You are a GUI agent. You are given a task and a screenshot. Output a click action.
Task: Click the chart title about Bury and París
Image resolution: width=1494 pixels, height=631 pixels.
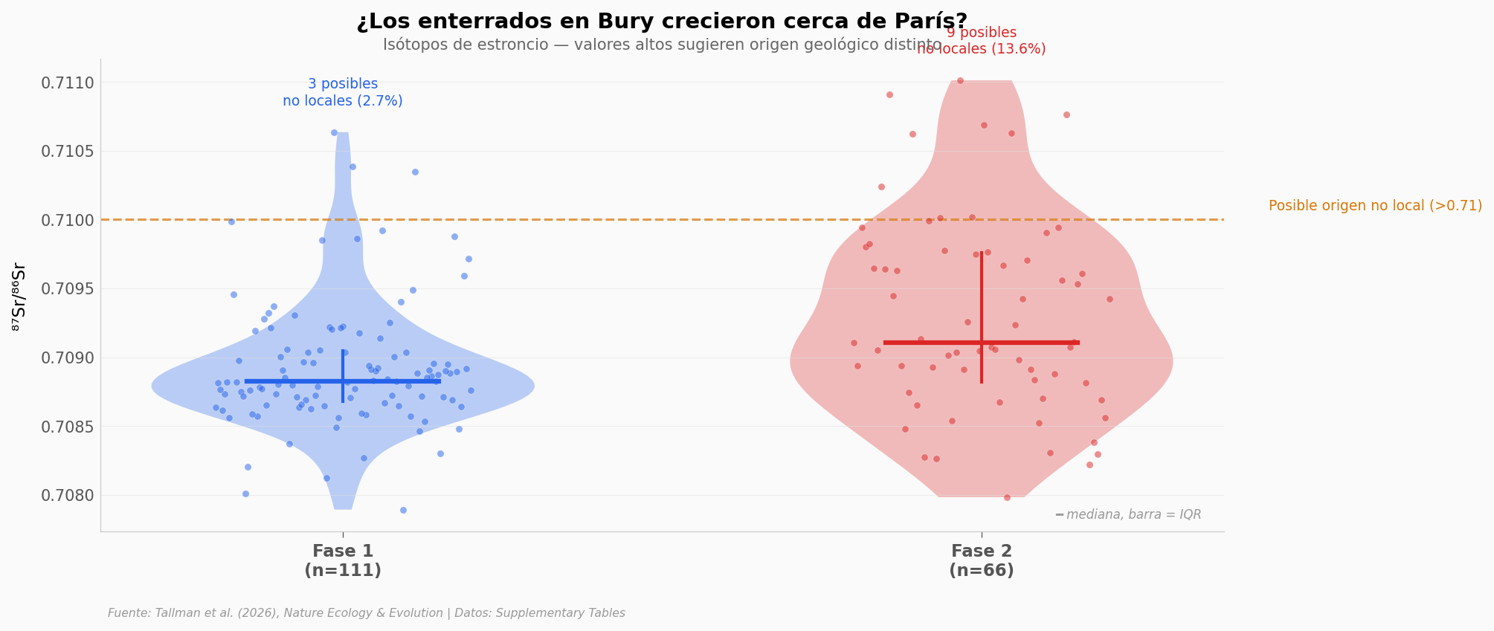coord(662,22)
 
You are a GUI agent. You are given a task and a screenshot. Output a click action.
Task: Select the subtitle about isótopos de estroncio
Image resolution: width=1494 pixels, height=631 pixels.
coord(662,45)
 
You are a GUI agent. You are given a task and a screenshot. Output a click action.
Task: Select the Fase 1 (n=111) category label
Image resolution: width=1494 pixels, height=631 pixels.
coord(343,561)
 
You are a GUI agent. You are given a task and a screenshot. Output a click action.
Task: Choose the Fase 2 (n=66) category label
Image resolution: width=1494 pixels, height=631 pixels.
coord(982,561)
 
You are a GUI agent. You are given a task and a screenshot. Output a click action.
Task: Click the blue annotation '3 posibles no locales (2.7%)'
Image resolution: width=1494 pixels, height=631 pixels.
coord(343,93)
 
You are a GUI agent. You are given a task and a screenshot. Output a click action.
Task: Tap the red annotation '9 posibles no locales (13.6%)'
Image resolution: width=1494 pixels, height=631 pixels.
coord(982,41)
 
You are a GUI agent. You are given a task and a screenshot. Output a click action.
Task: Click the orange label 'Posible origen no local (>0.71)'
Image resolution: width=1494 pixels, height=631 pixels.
coord(1375,207)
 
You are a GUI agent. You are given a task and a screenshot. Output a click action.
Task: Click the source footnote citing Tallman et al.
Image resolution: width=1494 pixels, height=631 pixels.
coord(367,613)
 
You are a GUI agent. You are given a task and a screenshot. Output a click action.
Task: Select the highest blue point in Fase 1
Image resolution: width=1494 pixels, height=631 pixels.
coord(334,132)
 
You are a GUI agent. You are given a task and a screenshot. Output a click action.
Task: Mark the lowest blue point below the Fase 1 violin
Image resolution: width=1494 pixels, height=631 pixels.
coord(403,510)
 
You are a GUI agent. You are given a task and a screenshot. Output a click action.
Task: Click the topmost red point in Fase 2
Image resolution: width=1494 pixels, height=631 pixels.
coord(960,80)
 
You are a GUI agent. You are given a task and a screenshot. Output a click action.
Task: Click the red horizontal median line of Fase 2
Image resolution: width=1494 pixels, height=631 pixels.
coord(930,343)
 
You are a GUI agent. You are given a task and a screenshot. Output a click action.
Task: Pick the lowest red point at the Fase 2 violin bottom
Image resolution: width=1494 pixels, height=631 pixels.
coord(1007,497)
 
